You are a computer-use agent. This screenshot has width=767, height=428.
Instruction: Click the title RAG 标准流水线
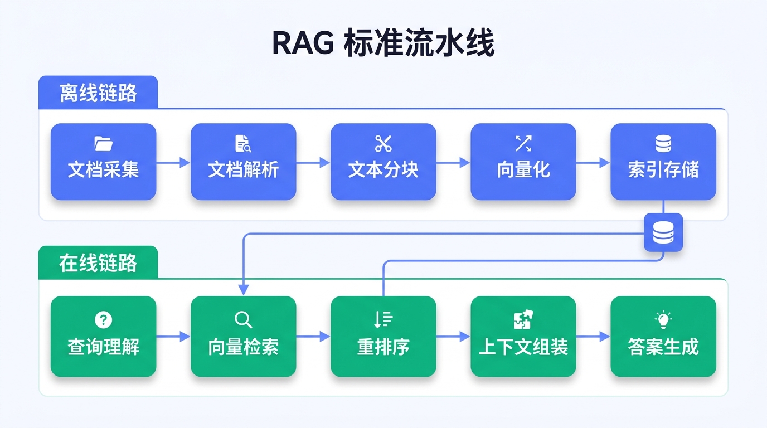point(383,44)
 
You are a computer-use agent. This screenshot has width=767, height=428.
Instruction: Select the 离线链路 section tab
point(98,93)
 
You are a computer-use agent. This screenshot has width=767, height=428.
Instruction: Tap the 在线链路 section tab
point(98,263)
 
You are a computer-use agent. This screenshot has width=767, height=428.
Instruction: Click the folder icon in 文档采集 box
point(103,144)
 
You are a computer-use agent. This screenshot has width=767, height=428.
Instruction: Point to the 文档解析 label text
point(243,169)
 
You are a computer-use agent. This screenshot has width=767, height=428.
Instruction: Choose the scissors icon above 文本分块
point(383,144)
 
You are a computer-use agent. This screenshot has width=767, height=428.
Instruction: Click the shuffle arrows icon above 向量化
point(523,144)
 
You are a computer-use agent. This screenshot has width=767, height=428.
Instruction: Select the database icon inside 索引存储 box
point(663,144)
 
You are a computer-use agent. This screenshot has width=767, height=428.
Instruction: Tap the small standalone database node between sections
point(663,232)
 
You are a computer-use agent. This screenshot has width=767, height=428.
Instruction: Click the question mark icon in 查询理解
point(103,320)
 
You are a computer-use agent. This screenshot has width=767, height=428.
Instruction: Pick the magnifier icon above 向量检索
point(243,320)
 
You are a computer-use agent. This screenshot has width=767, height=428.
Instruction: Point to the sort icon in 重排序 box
point(383,320)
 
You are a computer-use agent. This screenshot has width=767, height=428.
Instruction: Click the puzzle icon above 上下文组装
point(523,320)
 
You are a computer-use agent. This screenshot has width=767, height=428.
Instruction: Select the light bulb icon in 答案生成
point(663,320)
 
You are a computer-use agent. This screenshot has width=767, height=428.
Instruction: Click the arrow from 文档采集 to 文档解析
point(173,163)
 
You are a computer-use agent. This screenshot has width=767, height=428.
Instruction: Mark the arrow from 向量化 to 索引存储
point(593,163)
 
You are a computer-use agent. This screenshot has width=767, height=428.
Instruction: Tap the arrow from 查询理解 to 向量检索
point(173,337)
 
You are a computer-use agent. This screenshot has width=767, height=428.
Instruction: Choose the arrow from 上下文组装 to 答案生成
point(593,337)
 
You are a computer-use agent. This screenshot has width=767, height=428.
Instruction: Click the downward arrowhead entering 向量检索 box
point(243,289)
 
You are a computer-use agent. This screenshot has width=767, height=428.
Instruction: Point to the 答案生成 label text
point(663,347)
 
